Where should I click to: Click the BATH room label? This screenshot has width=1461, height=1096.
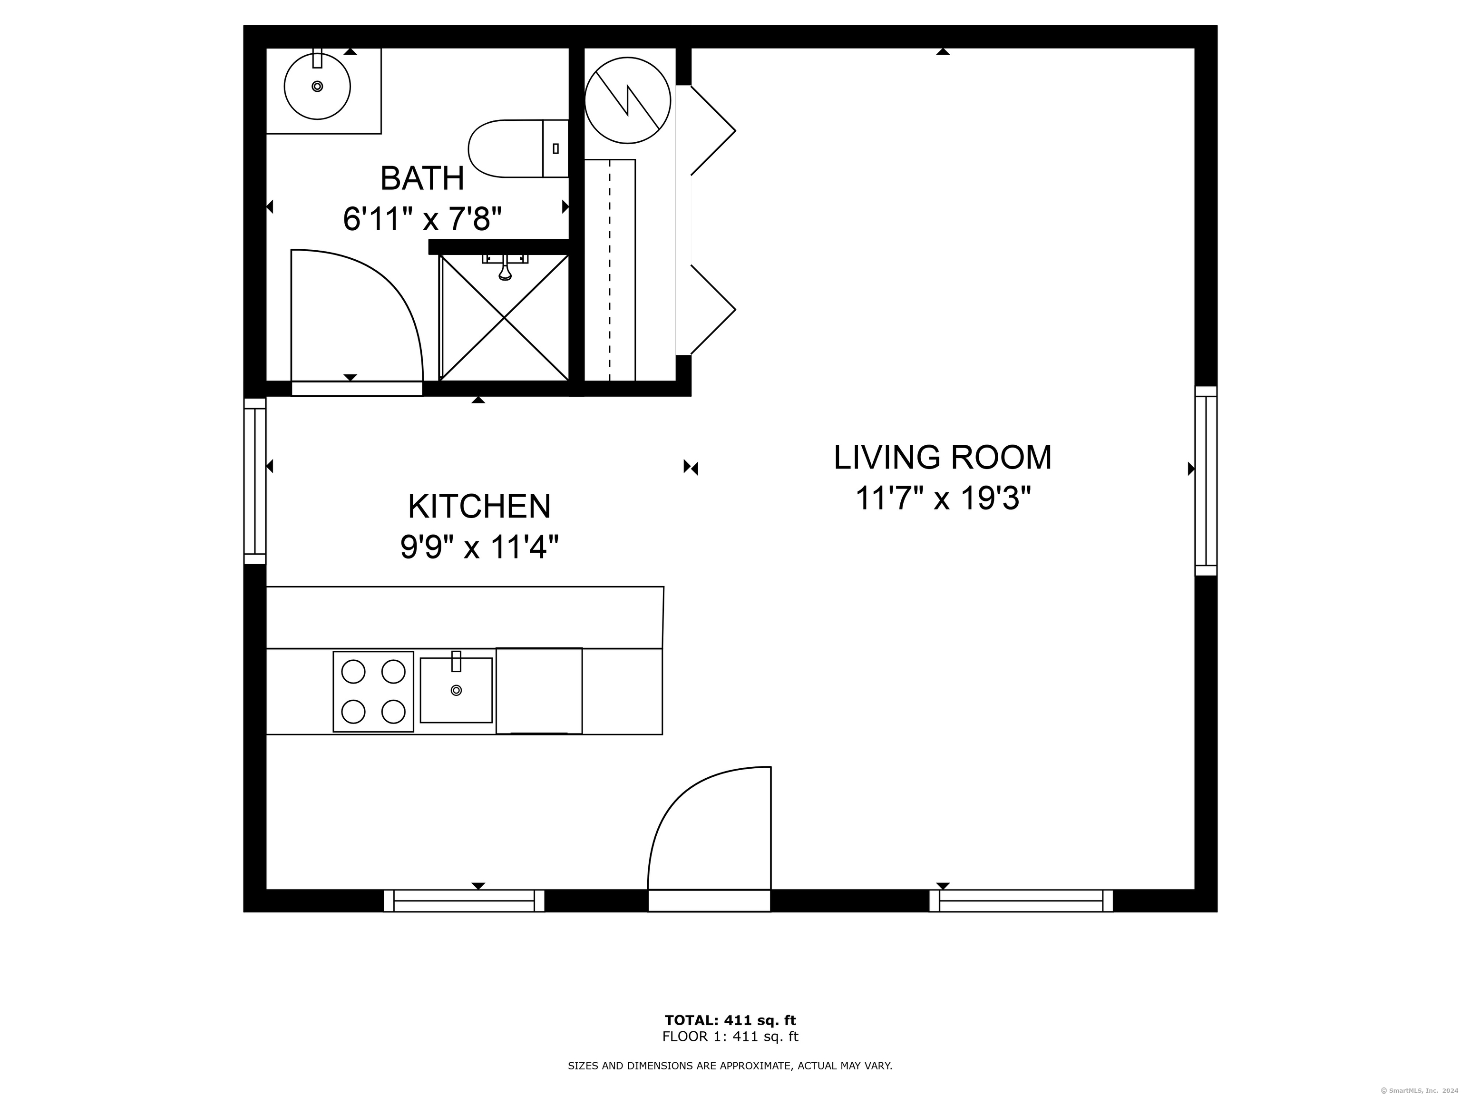pos(422,178)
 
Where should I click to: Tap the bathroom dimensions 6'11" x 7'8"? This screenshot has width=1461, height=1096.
pos(422,219)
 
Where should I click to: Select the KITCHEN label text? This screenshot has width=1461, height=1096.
pos(479,506)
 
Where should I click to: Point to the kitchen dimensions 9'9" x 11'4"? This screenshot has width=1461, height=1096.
pos(479,547)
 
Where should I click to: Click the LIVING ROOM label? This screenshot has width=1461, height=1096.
pos(943,457)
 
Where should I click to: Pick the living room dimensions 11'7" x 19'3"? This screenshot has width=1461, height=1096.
pos(943,498)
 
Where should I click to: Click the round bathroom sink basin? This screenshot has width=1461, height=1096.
pos(317,87)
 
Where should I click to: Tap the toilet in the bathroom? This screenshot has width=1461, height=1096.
pos(518,148)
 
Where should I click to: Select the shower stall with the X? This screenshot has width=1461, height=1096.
pos(505,318)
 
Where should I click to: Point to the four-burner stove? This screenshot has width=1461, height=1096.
pos(373,692)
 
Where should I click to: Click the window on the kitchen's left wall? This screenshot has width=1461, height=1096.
pos(255,481)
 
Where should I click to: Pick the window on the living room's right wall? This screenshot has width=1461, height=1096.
pos(1206,481)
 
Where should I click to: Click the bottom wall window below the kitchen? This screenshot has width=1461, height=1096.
pos(464,901)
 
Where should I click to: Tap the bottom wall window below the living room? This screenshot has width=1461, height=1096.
pos(1021,901)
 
